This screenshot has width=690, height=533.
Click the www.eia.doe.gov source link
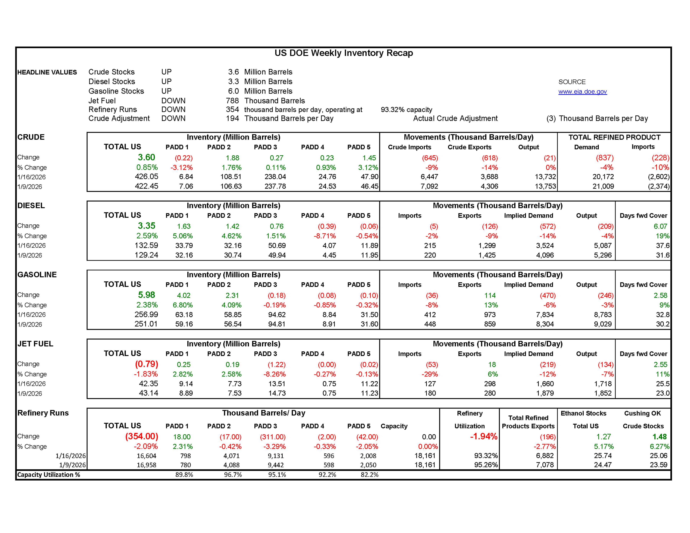pos(582,92)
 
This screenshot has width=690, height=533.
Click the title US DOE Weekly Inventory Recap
pos(343,53)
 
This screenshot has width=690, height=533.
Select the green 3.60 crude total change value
pos(146,157)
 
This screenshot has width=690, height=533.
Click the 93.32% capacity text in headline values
pos(406,110)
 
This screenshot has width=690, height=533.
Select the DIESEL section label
pos(31,206)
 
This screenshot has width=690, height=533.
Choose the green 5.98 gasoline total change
pos(146,295)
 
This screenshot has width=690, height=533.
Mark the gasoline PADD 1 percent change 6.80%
pos(183,305)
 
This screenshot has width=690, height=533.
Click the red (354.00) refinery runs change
pos(142,436)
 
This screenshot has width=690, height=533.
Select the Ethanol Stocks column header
pos(583,413)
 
